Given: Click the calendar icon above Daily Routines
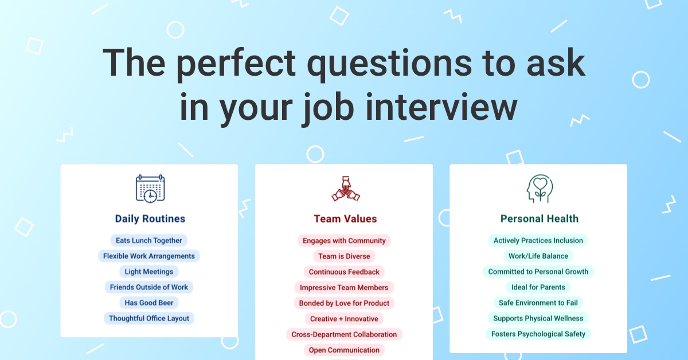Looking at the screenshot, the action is tap(150, 189).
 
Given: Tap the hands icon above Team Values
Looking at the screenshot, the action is tap(346, 189).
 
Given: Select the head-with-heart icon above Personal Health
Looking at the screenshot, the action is tap(540, 189).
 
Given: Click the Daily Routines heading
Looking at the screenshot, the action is tap(150, 219).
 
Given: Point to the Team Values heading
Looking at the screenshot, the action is tap(345, 219).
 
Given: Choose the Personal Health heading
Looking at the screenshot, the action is tap(540, 219).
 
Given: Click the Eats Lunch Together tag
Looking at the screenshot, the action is tap(149, 241).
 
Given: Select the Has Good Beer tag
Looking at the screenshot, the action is tap(149, 303).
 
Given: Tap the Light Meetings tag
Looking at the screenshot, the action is tap(149, 272).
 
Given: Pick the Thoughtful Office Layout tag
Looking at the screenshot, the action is tap(149, 318).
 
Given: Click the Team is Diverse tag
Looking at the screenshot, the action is tap(344, 256).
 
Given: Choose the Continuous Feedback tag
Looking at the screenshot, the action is tap(344, 272).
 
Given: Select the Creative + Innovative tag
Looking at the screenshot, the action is tap(344, 319).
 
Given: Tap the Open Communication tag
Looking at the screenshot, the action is tap(344, 350).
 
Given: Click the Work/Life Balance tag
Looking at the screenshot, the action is tap(538, 256).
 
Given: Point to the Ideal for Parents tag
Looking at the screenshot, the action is tap(538, 287).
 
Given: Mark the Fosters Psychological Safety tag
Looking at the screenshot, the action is tap(538, 334).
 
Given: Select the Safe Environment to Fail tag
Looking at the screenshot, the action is tap(538, 303).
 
